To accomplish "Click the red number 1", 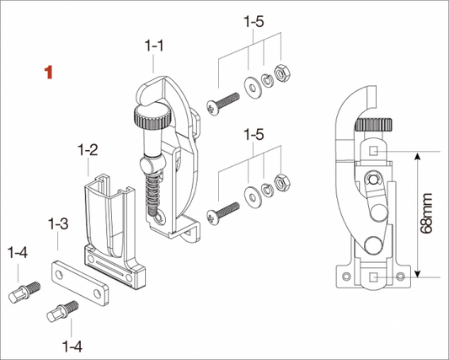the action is pos(49,73).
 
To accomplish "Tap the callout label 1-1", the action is pos(154,46).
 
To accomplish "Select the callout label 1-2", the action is pos(88,150).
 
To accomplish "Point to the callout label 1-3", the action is pos(58,224).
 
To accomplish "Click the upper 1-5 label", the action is pos(254,21).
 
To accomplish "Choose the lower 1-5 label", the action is pos(254,134).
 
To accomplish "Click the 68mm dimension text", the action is pos(426,213).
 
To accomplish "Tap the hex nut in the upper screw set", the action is pos(282,73).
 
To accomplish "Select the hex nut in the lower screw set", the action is pos(282,183).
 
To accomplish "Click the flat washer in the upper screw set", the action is pos(253,87).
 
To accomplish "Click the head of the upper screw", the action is pos(212,108).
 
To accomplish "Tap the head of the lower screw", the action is pos(212,218).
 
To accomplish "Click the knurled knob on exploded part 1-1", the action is pos(152,118).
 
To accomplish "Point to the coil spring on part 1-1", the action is pos(153,193).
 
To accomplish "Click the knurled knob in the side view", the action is pos(373,125).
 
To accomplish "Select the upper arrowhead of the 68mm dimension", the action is pos(418,156).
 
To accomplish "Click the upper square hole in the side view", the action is pos(373,150).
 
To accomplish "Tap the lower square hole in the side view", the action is pos(373,277).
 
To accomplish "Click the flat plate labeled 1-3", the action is pos(79,283).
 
